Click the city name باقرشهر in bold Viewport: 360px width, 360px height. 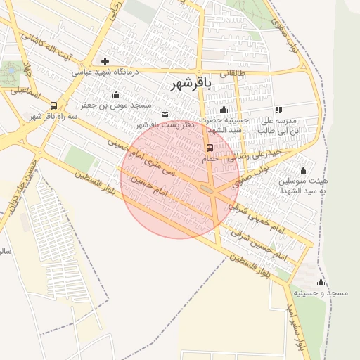point(191,84)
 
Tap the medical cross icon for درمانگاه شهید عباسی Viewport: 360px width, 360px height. point(105,62)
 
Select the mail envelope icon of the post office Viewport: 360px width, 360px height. point(165,114)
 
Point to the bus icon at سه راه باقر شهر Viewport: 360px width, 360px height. point(53,105)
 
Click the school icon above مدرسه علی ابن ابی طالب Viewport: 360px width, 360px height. point(279,110)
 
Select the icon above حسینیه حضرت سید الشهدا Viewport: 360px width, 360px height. point(224,109)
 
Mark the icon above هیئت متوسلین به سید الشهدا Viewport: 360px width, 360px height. point(304,170)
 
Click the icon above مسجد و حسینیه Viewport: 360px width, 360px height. point(321,282)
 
